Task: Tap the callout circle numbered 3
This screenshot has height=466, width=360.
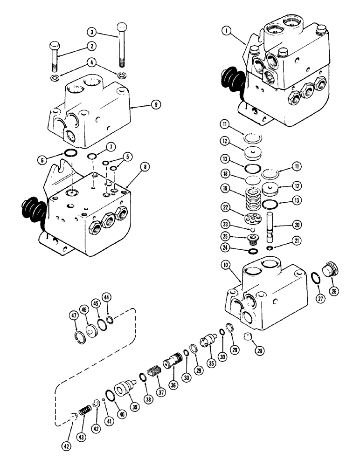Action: pos(92,32)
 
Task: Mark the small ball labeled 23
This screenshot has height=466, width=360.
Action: pos(252,230)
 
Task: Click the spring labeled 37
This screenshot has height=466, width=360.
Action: pos(153,373)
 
